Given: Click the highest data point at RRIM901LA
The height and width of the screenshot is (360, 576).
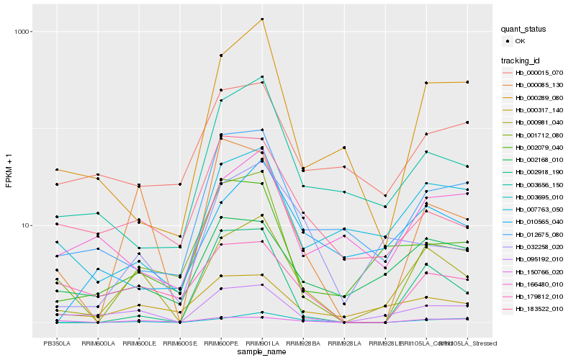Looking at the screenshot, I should click(x=262, y=19).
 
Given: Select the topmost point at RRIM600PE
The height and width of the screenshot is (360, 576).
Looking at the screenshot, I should click(x=221, y=55).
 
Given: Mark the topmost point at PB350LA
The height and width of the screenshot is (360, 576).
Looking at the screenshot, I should click(x=56, y=170).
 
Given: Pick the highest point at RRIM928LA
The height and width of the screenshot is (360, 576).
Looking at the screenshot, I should click(x=344, y=148).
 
